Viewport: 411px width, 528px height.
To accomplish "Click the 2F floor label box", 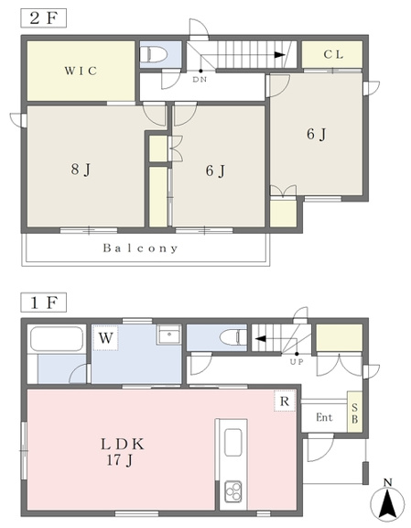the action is (44, 17).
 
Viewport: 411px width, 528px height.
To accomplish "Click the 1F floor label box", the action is (44, 302).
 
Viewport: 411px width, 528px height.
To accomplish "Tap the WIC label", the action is (81, 71).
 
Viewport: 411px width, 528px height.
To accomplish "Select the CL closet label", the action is (333, 54).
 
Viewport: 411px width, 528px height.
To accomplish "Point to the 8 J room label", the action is (81, 170).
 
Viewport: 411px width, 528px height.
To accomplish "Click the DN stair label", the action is (200, 80).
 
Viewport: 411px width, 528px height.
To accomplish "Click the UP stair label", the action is (297, 362).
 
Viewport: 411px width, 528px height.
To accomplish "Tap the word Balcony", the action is (140, 248).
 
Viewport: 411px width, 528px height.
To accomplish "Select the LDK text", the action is (123, 445).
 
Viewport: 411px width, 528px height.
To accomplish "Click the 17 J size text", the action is (120, 460).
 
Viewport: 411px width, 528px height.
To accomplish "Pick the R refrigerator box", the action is (285, 401).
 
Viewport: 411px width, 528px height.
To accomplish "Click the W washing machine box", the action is (105, 337).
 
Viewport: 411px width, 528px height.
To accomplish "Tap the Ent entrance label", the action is (324, 418).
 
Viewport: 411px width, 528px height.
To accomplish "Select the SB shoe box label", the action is (355, 413).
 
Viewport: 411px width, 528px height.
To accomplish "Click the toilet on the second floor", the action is (154, 54).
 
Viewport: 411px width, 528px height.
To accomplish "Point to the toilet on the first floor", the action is (233, 336).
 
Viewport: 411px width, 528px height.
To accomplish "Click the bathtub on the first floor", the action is (57, 339).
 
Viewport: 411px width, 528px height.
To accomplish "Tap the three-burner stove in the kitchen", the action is (233, 491).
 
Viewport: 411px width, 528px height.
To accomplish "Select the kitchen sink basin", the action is (233, 443).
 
